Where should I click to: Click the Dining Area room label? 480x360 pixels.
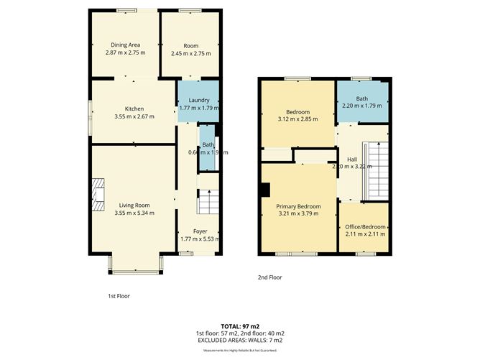pyautogui.click(x=125, y=45)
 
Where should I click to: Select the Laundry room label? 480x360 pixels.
pyautogui.click(x=198, y=100)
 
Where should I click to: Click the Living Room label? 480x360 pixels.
pyautogui.click(x=134, y=206)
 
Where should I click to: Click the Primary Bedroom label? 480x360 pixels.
pyautogui.click(x=299, y=206)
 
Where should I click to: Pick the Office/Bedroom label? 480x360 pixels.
pyautogui.click(x=365, y=226)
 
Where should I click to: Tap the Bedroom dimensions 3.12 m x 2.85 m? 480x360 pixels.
pyautogui.click(x=298, y=120)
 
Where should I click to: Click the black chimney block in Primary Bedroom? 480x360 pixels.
pyautogui.click(x=265, y=190)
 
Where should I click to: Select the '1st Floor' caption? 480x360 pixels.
pyautogui.click(x=118, y=296)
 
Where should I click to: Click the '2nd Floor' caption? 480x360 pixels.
pyautogui.click(x=269, y=277)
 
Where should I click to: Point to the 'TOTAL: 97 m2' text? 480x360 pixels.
pyautogui.click(x=241, y=326)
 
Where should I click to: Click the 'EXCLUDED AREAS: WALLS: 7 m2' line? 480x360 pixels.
pyautogui.click(x=241, y=340)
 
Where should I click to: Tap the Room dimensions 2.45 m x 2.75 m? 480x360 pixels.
pyautogui.click(x=190, y=53)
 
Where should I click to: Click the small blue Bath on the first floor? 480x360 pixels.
pyautogui.click(x=208, y=148)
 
